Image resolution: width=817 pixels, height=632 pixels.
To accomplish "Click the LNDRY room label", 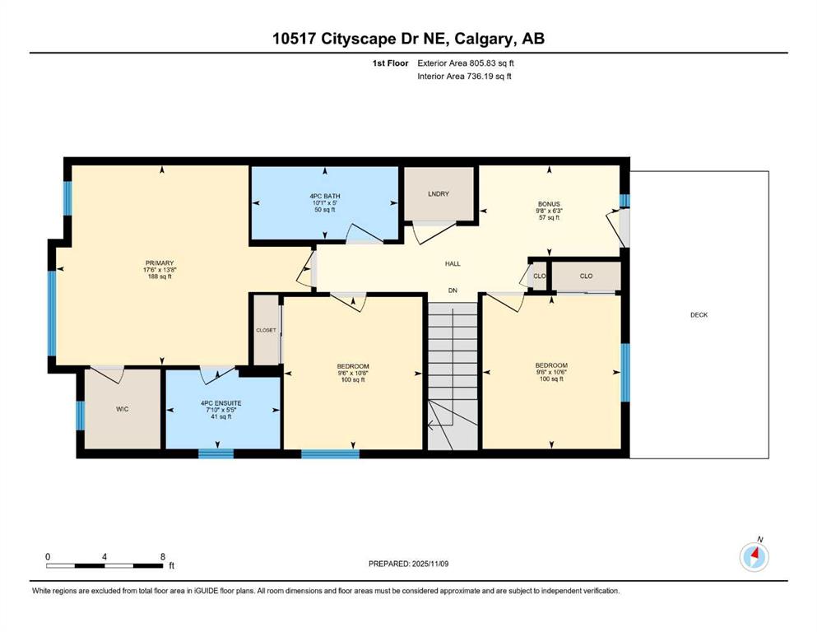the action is pyautogui.click(x=439, y=194).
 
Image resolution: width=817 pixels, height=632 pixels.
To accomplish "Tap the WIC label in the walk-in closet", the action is pyautogui.click(x=122, y=409).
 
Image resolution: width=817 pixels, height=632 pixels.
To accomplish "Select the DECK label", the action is pyautogui.click(x=699, y=314).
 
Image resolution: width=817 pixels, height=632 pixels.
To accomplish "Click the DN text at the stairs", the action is pyautogui.click(x=453, y=290).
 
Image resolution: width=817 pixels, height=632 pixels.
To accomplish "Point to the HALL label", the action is pyautogui.click(x=453, y=263).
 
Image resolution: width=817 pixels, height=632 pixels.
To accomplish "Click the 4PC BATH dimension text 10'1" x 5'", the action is pyautogui.click(x=325, y=202).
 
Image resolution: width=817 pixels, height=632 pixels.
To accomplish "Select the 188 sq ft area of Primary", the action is pyautogui.click(x=160, y=276).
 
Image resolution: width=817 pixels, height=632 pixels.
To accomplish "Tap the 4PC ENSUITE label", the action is pyautogui.click(x=221, y=403).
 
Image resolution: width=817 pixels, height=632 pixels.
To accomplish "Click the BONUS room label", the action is pyautogui.click(x=549, y=204).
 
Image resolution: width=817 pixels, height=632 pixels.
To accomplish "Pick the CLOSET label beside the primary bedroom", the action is pyautogui.click(x=266, y=330).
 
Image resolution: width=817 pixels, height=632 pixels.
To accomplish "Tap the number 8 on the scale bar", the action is pyautogui.click(x=163, y=557).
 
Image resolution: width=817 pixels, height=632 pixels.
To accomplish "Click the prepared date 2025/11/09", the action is pyautogui.click(x=430, y=564).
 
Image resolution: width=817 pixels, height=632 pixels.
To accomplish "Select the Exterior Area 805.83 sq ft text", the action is pyautogui.click(x=466, y=63).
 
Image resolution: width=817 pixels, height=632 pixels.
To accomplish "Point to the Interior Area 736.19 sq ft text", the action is pyautogui.click(x=464, y=76).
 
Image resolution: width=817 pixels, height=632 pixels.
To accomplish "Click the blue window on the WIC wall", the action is pyautogui.click(x=81, y=416).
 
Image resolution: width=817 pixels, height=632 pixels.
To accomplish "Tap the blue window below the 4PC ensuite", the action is pyautogui.click(x=216, y=453).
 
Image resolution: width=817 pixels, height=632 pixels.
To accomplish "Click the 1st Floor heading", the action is pyautogui.click(x=390, y=63).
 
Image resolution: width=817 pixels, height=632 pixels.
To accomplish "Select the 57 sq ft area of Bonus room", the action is pyautogui.click(x=549, y=218).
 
